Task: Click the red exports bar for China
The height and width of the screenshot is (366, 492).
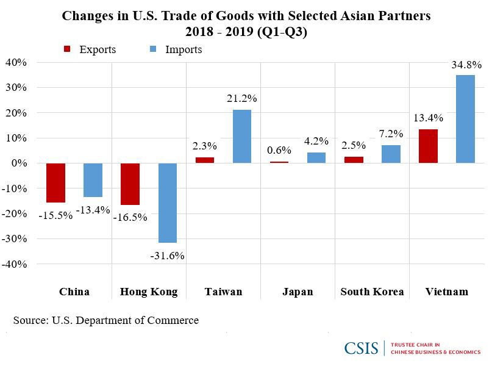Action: pyautogui.click(x=55, y=182)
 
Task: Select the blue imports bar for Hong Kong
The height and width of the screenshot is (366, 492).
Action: pyautogui.click(x=167, y=203)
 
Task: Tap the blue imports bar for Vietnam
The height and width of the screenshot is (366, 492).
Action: pyautogui.click(x=465, y=119)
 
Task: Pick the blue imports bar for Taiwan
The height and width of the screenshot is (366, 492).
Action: pyautogui.click(x=241, y=136)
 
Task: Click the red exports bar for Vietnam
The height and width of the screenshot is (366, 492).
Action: pyautogui.click(x=428, y=146)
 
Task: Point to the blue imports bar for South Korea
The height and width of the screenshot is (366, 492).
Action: pyautogui.click(x=391, y=154)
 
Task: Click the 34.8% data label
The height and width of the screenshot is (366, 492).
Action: pyautogui.click(x=466, y=65)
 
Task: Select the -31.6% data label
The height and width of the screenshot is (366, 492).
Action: pyautogui.click(x=167, y=256)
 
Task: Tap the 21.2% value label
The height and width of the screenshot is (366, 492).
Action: pyautogui.click(x=242, y=98)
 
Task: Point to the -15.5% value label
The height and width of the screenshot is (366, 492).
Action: pyautogui.click(x=55, y=215)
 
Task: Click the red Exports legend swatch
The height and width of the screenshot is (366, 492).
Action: pyautogui.click(x=68, y=49)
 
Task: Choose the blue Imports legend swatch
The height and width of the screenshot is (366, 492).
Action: pyautogui.click(x=153, y=49)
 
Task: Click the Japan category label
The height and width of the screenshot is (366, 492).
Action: pyautogui.click(x=298, y=292)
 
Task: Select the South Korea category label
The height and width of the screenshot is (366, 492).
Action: pyautogui.click(x=372, y=292)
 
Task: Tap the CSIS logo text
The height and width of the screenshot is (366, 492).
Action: pyautogui.click(x=361, y=348)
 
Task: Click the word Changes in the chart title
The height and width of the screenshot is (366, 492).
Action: pyautogui.click(x=89, y=16)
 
